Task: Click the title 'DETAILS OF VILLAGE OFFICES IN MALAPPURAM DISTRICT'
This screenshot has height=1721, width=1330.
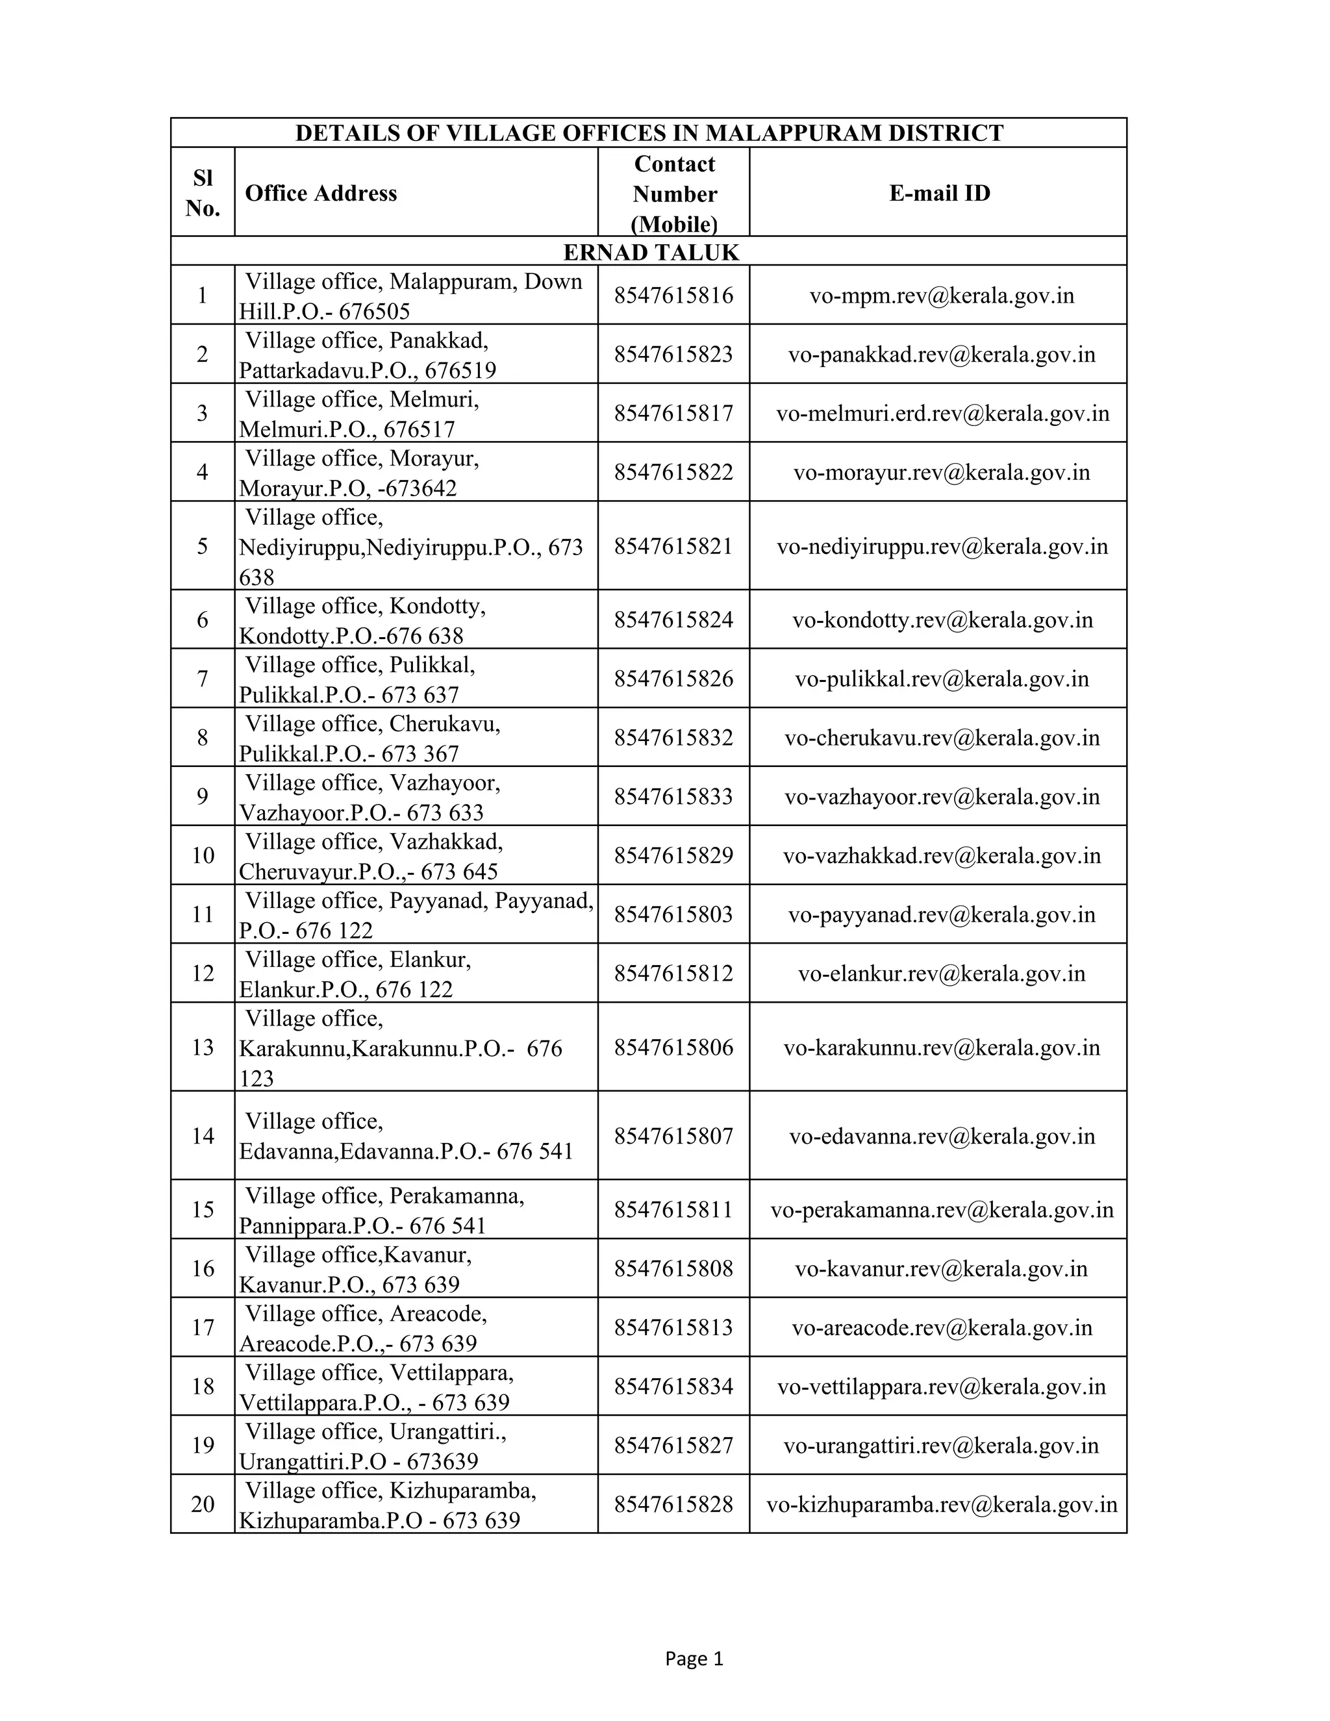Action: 649,132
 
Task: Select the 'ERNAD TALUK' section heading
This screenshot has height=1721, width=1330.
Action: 651,252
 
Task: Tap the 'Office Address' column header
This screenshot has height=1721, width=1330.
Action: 321,193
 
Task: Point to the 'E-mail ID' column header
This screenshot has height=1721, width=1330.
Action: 939,193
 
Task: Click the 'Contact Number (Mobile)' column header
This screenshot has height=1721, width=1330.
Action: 675,194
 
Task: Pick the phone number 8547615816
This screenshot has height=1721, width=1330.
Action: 673,295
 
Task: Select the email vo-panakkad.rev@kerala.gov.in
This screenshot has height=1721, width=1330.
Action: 942,355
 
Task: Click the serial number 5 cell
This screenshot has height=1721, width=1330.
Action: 203,546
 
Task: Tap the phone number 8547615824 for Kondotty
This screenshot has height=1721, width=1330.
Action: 673,620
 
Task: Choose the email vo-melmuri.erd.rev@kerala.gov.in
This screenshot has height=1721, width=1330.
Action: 942,414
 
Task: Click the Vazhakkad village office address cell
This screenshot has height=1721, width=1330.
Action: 371,856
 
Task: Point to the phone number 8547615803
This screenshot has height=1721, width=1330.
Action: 673,915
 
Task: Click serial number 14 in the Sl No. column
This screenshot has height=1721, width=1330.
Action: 203,1135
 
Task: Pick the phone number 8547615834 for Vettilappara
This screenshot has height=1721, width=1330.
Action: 673,1386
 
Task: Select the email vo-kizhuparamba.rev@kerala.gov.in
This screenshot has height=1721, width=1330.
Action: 942,1504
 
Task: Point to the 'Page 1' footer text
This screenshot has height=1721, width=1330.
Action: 694,1659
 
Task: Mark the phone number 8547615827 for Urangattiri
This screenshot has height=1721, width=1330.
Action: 673,1445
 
